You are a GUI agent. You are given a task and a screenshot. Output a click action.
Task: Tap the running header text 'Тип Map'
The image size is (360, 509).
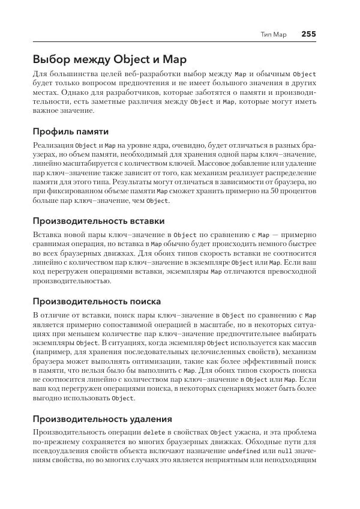point(274,34)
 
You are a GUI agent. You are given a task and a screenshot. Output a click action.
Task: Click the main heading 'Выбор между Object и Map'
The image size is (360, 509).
point(110,59)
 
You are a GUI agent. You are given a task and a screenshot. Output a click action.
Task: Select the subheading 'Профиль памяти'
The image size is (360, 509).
point(70,130)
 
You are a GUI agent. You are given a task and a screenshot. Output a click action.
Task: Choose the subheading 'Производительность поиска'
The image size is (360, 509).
point(97,301)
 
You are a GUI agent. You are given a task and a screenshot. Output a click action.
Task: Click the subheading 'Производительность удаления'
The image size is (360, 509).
point(103,418)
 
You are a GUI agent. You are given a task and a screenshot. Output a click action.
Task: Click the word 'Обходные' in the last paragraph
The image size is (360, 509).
point(269,442)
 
